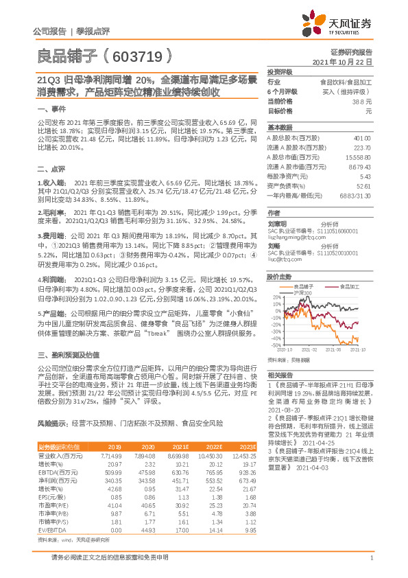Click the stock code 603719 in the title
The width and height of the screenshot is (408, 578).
pyautogui.click(x=137, y=54)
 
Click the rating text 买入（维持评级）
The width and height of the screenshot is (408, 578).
pyautogui.click(x=349, y=91)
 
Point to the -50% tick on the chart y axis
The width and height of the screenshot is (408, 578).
pyautogui.click(x=275, y=345)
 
